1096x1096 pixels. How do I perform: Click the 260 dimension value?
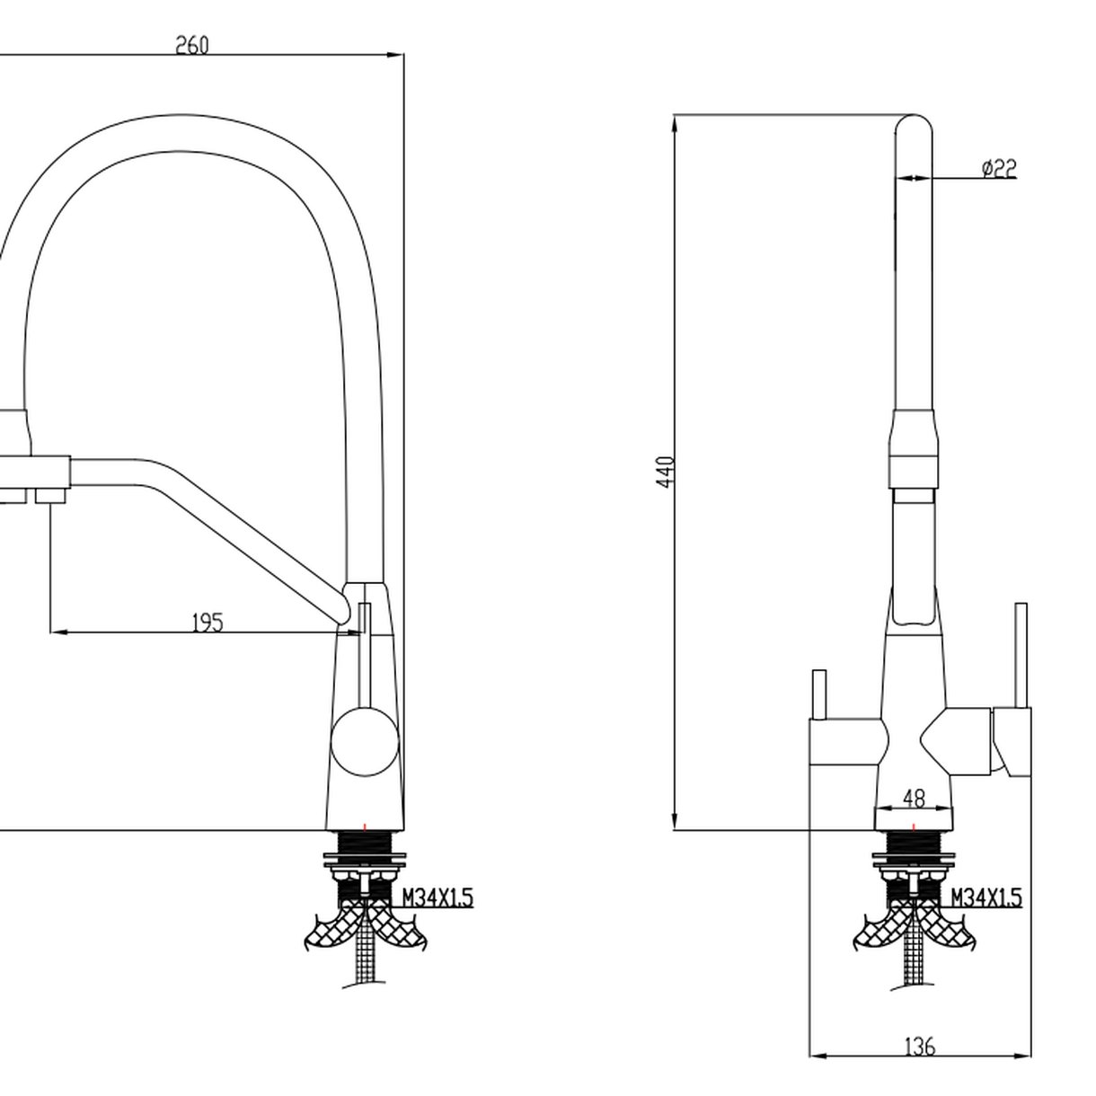coord(191,45)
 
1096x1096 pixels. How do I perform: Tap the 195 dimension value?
coord(208,622)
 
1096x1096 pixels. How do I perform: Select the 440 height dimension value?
coord(666,472)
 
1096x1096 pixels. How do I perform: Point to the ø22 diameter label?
coord(998,168)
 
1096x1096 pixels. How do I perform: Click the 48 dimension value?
coord(913,797)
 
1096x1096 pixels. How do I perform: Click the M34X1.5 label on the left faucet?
coord(437,897)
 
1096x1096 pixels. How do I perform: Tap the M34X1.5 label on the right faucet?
coord(986,897)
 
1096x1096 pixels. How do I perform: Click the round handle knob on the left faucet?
coord(365,740)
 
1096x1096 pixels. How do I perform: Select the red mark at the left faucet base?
coord(365,826)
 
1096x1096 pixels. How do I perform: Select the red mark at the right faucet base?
coord(914,826)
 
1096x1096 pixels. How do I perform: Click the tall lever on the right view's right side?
coord(1021,656)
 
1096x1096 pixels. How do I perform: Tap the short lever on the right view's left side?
coord(818,694)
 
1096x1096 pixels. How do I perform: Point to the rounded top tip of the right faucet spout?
coord(915,121)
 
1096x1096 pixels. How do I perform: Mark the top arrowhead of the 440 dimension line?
coord(675,122)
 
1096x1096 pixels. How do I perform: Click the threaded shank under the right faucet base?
coord(914,849)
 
